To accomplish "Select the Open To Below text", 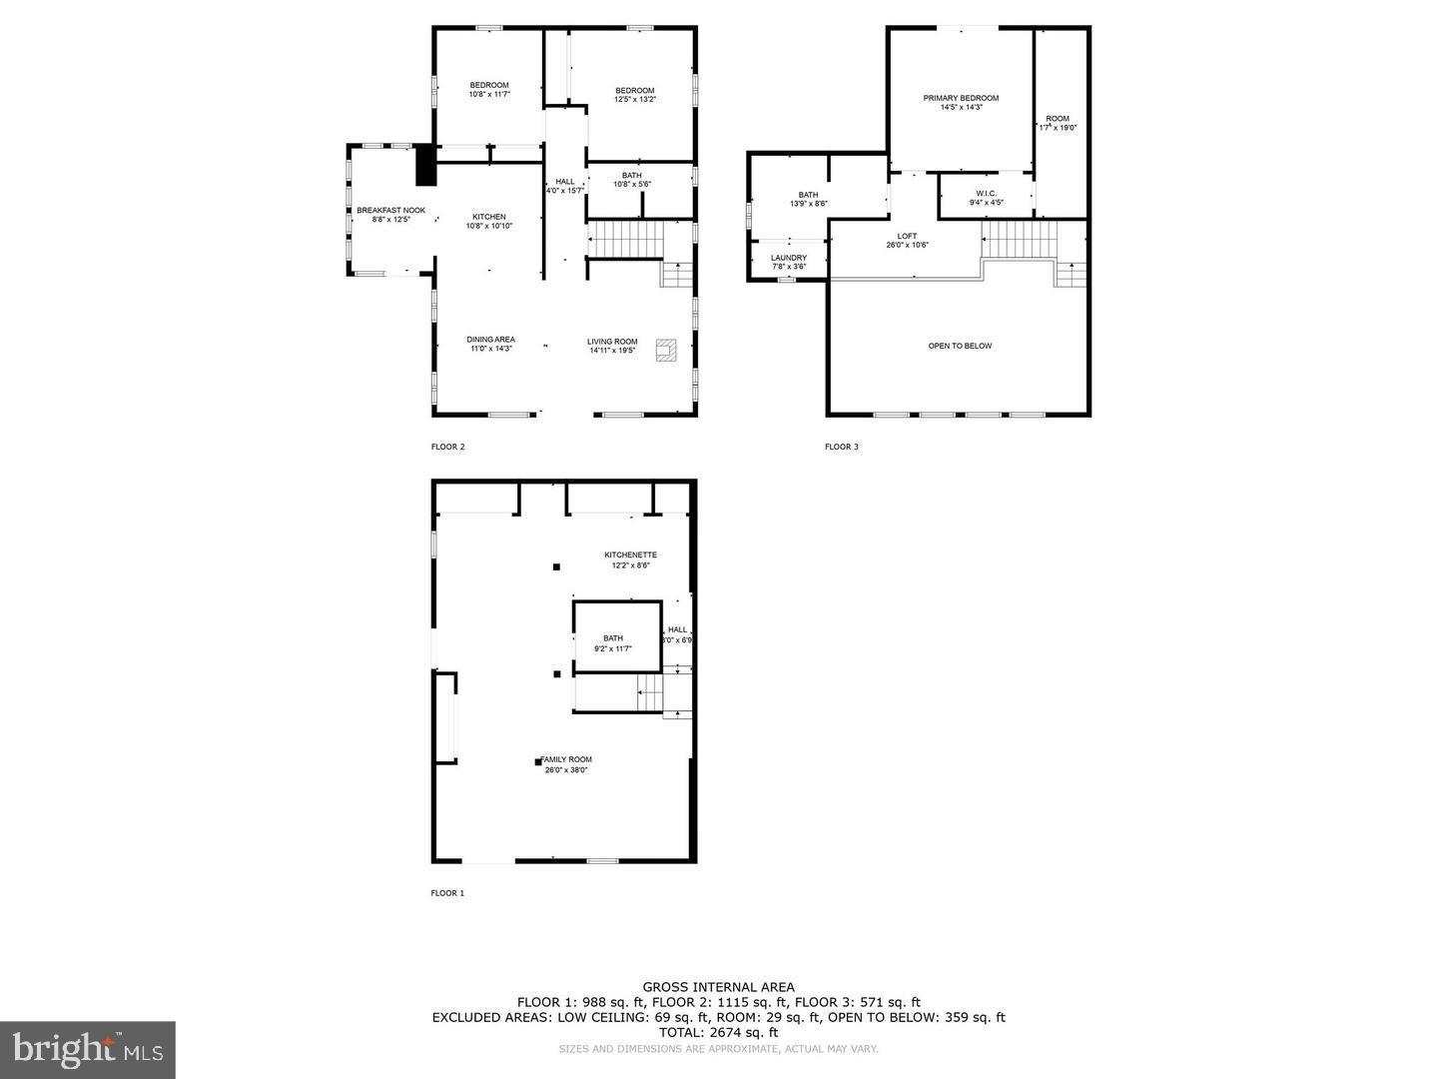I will [960, 346].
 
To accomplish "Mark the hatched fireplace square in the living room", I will [665, 350].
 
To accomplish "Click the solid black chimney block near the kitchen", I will [426, 165].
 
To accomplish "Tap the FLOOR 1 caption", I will [447, 893].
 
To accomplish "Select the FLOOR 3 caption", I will [841, 447].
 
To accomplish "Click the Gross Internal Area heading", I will [718, 987].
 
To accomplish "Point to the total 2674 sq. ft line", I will [718, 1032].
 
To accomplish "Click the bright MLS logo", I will [88, 1050].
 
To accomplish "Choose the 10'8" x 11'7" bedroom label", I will [489, 89].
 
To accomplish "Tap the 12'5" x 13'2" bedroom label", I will [634, 95].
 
